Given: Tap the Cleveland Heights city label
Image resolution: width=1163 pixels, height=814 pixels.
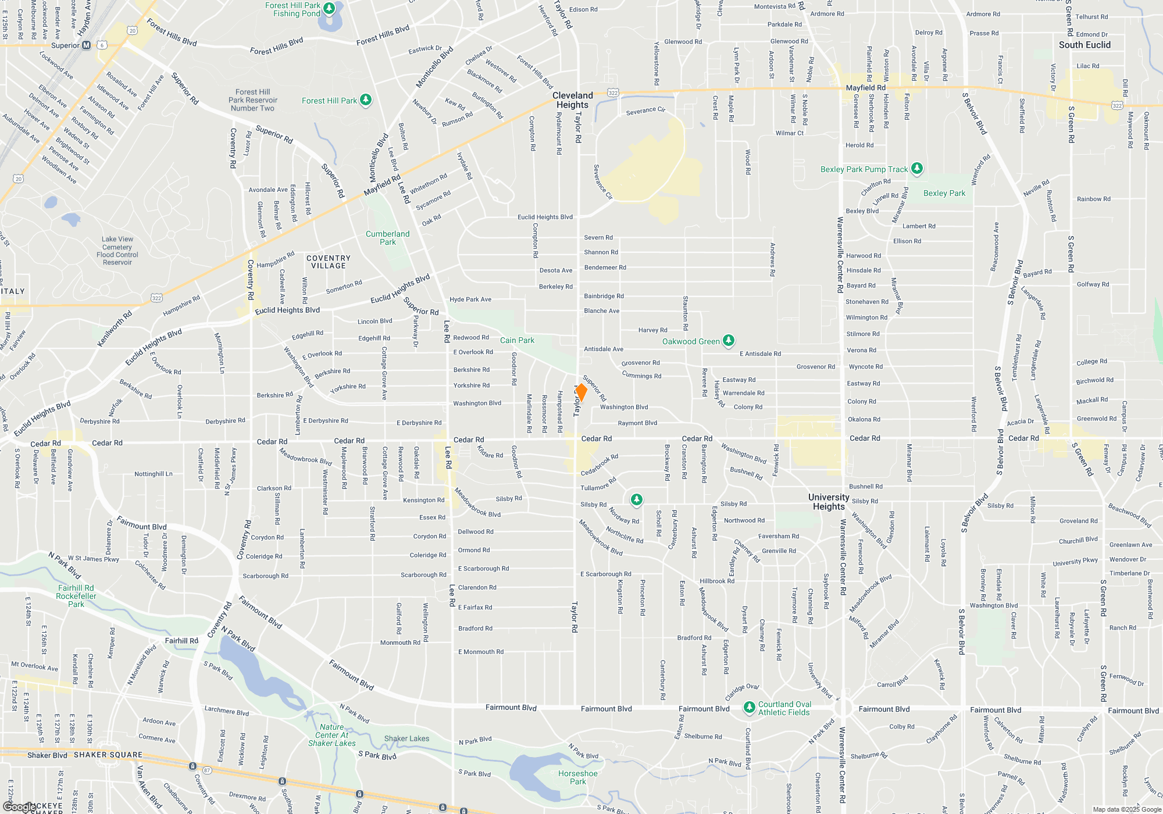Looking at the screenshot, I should point(572,100).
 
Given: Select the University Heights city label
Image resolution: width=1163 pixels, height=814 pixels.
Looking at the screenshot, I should point(829,502).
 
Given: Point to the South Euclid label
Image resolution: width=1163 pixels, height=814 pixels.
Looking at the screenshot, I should point(1084,45).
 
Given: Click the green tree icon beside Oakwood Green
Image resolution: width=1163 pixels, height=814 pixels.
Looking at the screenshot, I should point(729,341).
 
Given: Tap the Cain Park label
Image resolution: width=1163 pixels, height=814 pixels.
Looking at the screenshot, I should point(517,340).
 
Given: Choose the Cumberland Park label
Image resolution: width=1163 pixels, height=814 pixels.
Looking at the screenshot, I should point(387,238).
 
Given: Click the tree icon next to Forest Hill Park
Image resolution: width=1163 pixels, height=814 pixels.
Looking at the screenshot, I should point(366,100).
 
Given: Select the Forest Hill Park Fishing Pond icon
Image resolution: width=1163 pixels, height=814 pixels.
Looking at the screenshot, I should point(329,8).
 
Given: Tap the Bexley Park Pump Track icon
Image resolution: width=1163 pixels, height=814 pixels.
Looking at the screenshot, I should point(917,169).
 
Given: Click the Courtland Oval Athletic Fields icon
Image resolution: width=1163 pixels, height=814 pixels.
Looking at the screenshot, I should point(749,708).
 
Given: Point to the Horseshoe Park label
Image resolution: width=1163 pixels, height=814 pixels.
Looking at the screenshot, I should point(577,777).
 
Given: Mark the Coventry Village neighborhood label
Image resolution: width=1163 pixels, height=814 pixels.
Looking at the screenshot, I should point(329,262).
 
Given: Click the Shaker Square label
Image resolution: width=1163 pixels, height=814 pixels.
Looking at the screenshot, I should point(108,755).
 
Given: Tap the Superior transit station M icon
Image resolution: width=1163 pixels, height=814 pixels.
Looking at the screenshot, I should point(87,45).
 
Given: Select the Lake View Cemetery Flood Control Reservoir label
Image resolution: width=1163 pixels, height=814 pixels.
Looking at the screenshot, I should point(117,251).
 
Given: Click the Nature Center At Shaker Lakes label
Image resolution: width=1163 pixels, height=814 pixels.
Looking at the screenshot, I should point(331,735).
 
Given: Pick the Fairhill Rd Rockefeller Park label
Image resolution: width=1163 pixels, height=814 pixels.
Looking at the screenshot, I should point(76,596).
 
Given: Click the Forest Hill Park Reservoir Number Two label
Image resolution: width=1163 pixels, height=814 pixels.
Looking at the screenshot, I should point(252,100).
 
